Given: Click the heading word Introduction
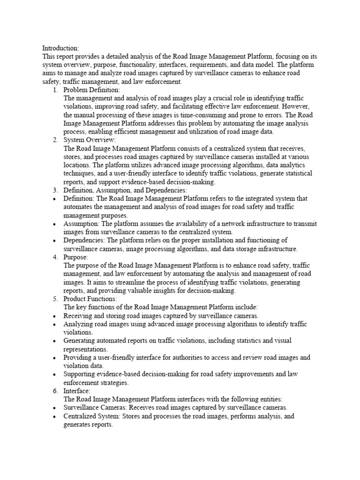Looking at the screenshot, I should [60, 48].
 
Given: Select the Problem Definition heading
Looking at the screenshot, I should [92, 90].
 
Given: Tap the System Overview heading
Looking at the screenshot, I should [90, 140].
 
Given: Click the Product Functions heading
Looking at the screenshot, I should [90, 299].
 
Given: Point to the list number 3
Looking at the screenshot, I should [55, 190].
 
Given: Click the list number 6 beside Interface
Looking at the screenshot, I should [55, 390].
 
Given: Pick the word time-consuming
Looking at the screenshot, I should [220, 115].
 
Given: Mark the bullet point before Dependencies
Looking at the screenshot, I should [55, 241].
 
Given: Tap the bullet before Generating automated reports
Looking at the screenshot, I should [55, 341].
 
